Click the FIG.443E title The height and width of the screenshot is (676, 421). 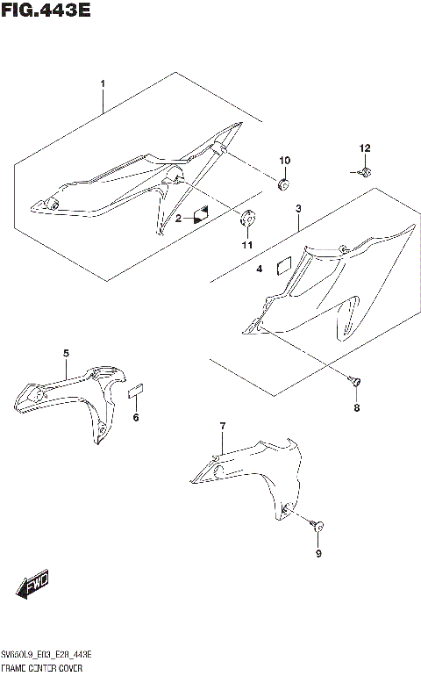pos(46,11)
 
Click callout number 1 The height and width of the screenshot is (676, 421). pos(103,84)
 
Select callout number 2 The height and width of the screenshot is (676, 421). pos(178,218)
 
